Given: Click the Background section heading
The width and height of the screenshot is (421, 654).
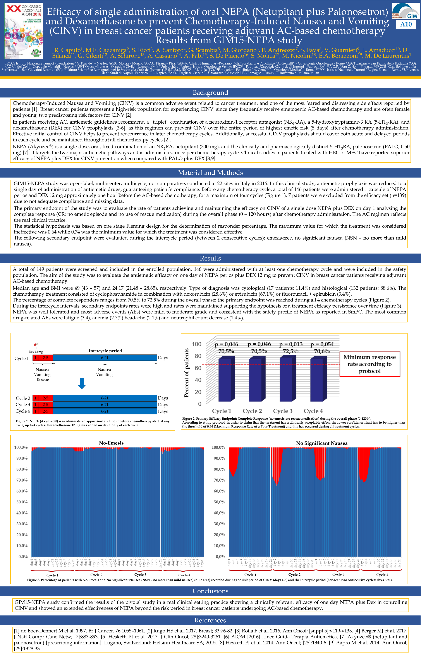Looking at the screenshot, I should [210, 93].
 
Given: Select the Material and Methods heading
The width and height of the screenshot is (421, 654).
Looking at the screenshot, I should [210, 173].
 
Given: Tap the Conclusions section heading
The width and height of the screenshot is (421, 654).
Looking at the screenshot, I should [210, 591].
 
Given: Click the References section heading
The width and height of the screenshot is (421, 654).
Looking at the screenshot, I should [210, 620].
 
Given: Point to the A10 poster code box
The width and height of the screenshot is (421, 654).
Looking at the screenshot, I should [406, 24].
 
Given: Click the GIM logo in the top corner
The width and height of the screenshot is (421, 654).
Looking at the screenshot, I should [406, 11].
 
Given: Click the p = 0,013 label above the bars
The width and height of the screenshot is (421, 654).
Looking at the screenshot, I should [291, 344].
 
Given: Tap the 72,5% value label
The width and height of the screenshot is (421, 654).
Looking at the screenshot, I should [291, 351].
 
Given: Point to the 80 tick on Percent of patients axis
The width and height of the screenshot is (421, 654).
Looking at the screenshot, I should [198, 356].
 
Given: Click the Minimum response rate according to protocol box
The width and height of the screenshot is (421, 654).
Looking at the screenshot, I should [370, 364].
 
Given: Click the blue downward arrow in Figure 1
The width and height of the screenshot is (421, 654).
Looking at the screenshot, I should [82, 383].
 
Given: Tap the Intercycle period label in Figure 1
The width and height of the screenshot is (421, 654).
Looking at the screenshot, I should [105, 351].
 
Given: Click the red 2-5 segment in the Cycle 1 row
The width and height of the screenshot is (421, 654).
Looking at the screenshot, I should [45, 358].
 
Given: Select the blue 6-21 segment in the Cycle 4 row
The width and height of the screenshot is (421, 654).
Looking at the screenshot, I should [105, 411].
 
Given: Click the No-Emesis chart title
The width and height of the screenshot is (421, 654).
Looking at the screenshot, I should [111, 443].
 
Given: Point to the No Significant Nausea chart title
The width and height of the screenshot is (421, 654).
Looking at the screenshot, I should [322, 443].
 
